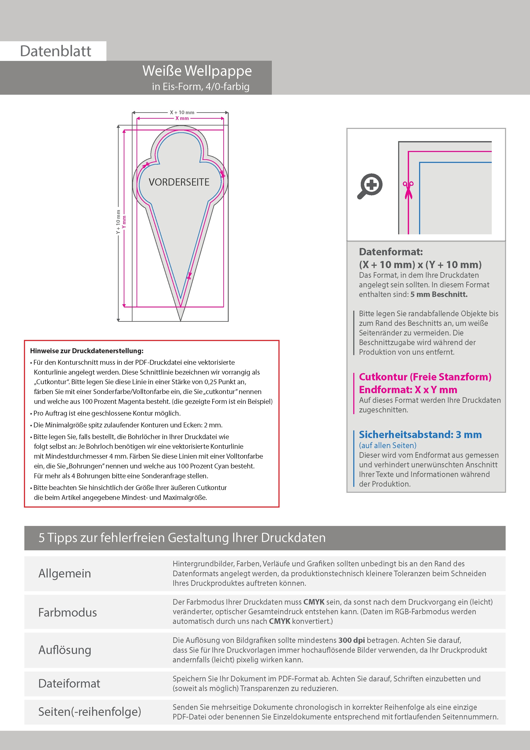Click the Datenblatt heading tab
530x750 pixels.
(x=56, y=51)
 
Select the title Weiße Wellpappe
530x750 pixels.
(x=197, y=71)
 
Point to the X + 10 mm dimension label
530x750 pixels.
(x=182, y=112)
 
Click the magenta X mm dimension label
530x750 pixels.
(x=182, y=118)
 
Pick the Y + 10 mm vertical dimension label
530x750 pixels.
(x=118, y=222)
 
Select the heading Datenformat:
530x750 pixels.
(x=391, y=252)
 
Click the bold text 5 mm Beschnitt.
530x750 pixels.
(x=439, y=294)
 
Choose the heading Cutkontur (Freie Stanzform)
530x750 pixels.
(x=425, y=377)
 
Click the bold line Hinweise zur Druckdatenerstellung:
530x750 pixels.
(x=87, y=351)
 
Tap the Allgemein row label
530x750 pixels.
(x=65, y=573)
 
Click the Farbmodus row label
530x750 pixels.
(x=68, y=612)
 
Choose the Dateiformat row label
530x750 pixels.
(x=69, y=683)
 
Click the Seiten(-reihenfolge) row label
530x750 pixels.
(x=90, y=712)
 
